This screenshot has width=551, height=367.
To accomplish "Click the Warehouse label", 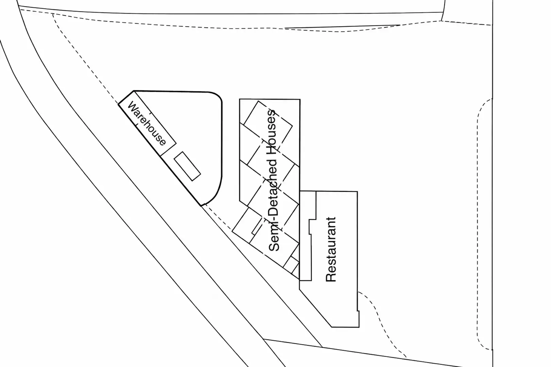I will point(147,123).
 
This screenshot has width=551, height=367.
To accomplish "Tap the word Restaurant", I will point(331,249).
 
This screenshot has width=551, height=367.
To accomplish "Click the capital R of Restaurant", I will point(331,277).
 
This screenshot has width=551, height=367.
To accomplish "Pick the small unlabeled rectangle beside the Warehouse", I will point(187,166).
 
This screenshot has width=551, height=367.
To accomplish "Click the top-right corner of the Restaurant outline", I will point(357,192).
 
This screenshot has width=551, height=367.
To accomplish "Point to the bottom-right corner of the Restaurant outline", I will point(359,327).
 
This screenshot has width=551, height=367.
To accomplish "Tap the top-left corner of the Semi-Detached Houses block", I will point(240,99).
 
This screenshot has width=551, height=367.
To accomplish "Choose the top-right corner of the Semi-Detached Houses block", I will point(300,100).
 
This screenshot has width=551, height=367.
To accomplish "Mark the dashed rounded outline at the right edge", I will point(478,224).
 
